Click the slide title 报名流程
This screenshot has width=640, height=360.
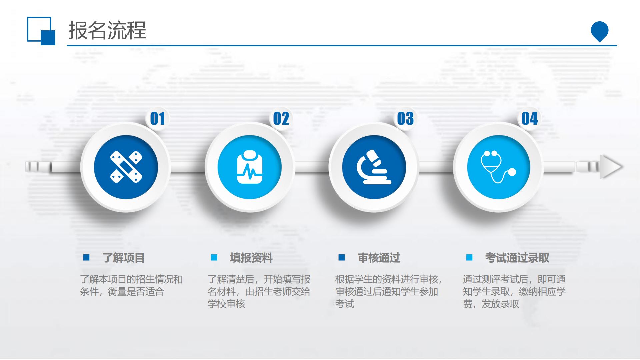(x=107, y=30)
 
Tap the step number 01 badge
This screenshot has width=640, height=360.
(x=157, y=118)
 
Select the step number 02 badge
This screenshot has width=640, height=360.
(x=281, y=118)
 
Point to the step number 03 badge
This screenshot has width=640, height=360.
(x=405, y=118)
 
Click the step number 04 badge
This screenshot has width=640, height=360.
(x=530, y=118)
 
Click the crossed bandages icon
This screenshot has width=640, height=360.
(x=126, y=167)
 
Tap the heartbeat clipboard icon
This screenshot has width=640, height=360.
(x=250, y=167)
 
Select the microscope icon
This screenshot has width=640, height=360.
(x=374, y=167)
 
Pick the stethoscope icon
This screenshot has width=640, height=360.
(x=498, y=167)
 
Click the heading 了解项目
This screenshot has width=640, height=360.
(x=123, y=258)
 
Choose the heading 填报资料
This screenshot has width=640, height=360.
(x=251, y=258)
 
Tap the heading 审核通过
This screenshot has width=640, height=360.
(x=379, y=258)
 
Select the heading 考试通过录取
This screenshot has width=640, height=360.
(x=517, y=258)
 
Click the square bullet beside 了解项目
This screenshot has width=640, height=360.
(x=86, y=257)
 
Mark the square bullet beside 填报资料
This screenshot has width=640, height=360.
(x=214, y=257)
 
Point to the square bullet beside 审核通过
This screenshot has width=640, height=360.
(x=342, y=257)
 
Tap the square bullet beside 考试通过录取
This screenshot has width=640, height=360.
(x=469, y=257)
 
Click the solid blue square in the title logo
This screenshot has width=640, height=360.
(x=48, y=38)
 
